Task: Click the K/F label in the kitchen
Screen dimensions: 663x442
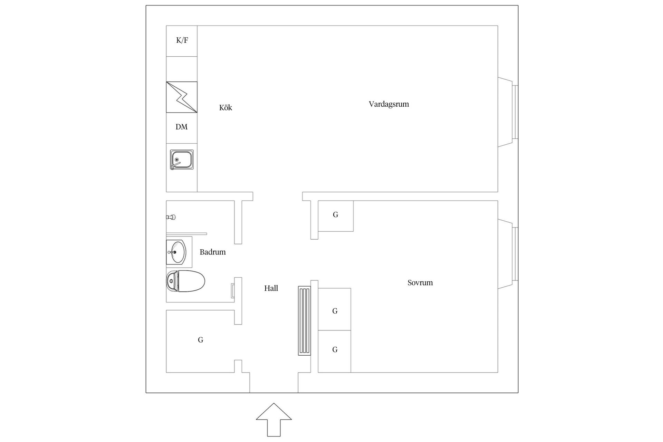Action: click(x=182, y=40)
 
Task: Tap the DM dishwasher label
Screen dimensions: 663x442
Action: click(x=182, y=127)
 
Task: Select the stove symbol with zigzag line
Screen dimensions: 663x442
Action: click(x=182, y=97)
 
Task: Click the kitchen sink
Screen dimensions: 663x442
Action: click(x=182, y=160)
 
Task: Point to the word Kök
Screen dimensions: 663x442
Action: click(x=225, y=108)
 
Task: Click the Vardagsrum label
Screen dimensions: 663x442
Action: click(x=389, y=104)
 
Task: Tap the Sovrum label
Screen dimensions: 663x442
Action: click(x=420, y=283)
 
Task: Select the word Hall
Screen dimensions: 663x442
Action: click(x=271, y=288)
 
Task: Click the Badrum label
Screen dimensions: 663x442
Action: click(x=213, y=252)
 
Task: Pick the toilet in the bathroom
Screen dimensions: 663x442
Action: click(x=185, y=281)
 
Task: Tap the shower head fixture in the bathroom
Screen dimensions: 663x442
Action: click(x=171, y=217)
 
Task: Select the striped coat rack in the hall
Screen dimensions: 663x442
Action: click(x=304, y=321)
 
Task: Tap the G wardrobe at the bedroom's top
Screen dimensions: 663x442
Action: click(x=336, y=216)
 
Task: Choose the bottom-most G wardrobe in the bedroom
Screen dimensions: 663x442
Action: click(x=335, y=351)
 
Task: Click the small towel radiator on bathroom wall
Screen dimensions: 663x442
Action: click(x=233, y=291)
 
